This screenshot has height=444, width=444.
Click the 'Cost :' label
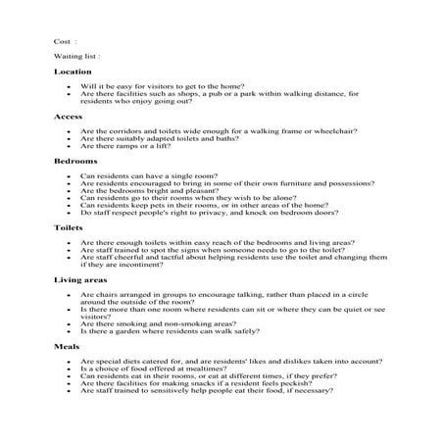(65, 41)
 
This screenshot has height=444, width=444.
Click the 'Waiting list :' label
(76, 57)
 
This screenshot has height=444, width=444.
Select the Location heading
(73, 72)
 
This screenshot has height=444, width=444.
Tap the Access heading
(69, 117)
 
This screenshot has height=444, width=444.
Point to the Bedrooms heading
(74, 160)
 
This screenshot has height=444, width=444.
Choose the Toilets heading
(70, 226)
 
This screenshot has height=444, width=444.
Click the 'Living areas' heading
(80, 279)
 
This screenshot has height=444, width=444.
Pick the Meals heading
(67, 346)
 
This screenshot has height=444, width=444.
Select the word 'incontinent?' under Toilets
(134, 264)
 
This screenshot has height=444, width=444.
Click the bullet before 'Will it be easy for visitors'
(69, 87)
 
